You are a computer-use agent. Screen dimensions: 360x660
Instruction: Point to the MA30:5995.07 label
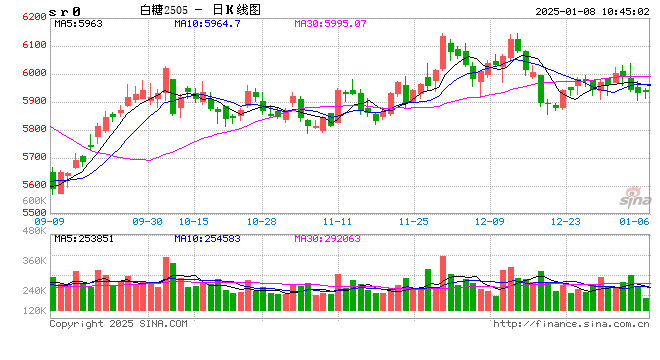click(x=331, y=22)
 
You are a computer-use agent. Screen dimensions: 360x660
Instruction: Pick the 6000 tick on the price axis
click(x=33, y=73)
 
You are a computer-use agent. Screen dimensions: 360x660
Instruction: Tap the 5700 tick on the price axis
click(x=33, y=157)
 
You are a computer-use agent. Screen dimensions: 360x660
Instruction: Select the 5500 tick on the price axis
click(x=33, y=212)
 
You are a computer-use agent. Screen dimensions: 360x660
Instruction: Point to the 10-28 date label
click(x=262, y=222)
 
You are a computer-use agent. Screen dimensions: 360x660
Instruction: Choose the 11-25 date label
click(x=413, y=222)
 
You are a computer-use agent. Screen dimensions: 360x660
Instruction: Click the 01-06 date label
click(x=634, y=222)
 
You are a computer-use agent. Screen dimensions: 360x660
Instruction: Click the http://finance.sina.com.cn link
click(x=571, y=324)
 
